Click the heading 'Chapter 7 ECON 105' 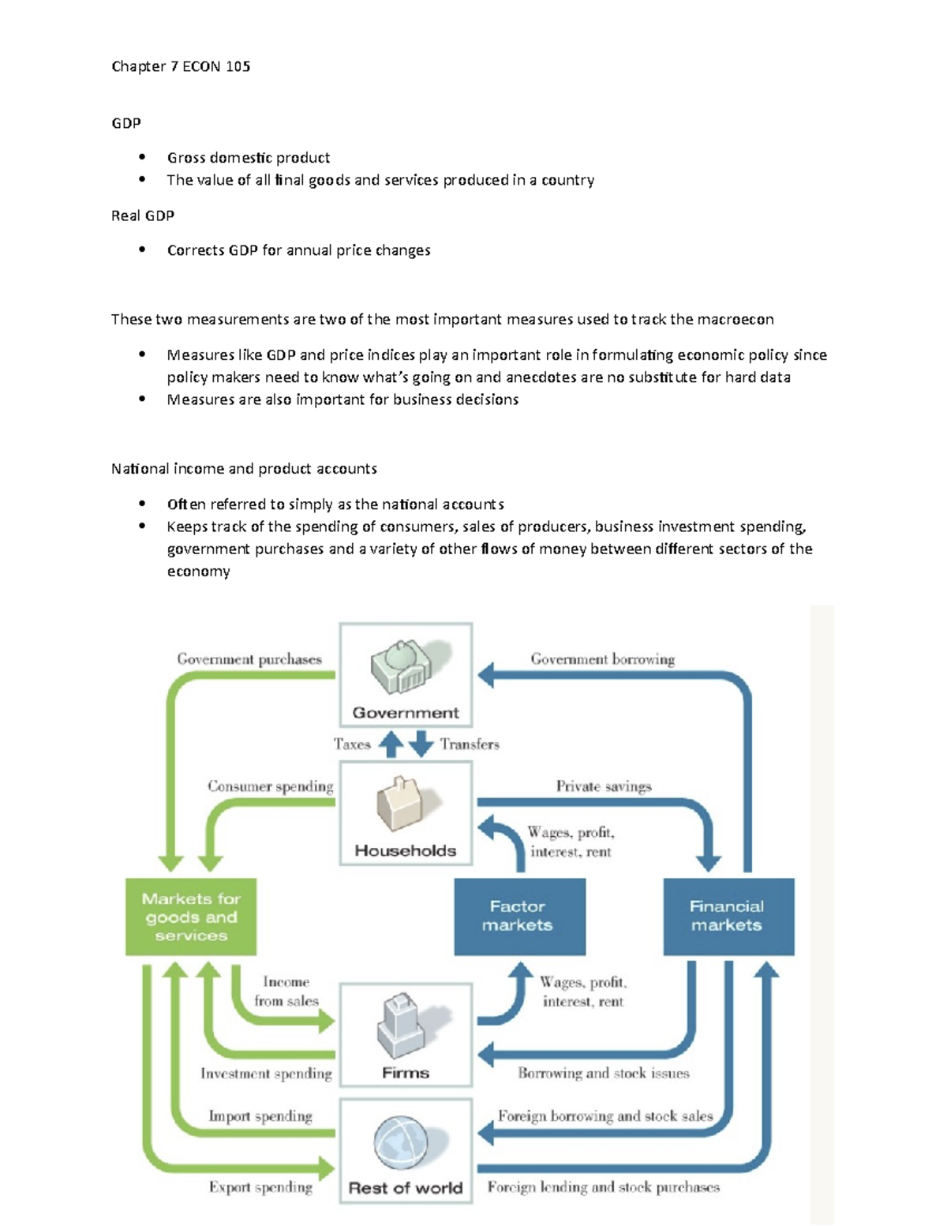(181, 66)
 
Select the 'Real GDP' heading (143, 216)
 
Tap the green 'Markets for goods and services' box (191, 917)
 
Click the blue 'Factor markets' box (519, 917)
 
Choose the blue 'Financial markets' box (728, 917)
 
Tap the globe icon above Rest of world (401, 1143)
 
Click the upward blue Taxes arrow (391, 744)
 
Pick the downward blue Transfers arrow (421, 744)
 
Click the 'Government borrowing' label (602, 659)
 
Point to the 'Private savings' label (604, 786)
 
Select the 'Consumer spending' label (270, 786)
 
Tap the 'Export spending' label (260, 1187)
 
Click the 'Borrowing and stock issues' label (604, 1073)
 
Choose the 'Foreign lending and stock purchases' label (604, 1187)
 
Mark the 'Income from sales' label (286, 992)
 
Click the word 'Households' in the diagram (406, 851)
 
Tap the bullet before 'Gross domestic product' (142, 156)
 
